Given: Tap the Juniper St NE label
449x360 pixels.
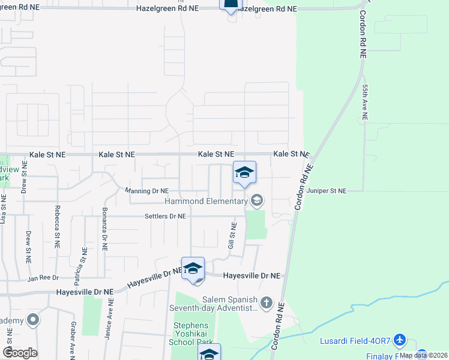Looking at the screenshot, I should pyautogui.click(x=327, y=191).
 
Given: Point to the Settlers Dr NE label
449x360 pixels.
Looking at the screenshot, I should pyautogui.click(x=165, y=216).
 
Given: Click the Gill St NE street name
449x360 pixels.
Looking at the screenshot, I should pyautogui.click(x=232, y=236).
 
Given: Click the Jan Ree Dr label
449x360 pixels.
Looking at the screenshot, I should pyautogui.click(x=44, y=278).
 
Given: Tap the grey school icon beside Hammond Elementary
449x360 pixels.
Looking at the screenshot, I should pyautogui.click(x=257, y=200).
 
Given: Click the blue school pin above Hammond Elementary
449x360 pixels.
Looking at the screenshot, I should pyautogui.click(x=244, y=173).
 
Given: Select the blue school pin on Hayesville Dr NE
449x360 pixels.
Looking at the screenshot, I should pyautogui.click(x=193, y=269).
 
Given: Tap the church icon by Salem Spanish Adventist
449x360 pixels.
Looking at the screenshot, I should pyautogui.click(x=267, y=302).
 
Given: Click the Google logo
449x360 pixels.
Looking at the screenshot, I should pyautogui.click(x=20, y=353).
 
